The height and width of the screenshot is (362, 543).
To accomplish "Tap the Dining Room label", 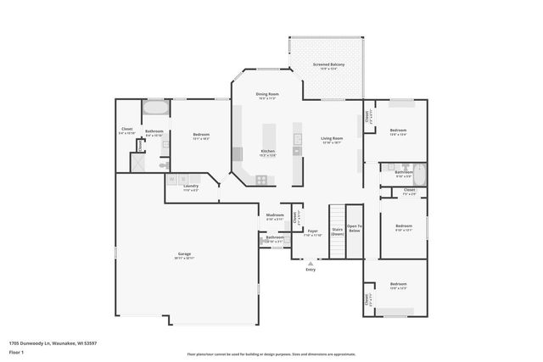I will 269,94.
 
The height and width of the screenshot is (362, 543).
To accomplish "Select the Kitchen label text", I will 267,152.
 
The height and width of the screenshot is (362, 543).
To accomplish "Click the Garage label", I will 184,253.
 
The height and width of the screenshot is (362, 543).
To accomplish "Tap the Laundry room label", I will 191,187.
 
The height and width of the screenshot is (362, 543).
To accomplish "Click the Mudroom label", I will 274,215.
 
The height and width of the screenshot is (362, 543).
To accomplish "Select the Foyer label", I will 312,231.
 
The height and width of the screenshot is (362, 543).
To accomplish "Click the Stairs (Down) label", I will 337,230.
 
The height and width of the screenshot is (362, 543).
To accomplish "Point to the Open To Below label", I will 355,229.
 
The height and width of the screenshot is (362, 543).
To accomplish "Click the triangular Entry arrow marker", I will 311,264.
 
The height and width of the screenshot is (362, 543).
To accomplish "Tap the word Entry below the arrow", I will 311,270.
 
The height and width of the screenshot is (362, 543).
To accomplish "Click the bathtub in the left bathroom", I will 155,109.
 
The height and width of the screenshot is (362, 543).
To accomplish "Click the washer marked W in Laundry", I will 172,179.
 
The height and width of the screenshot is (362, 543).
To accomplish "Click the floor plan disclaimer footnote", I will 271,354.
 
